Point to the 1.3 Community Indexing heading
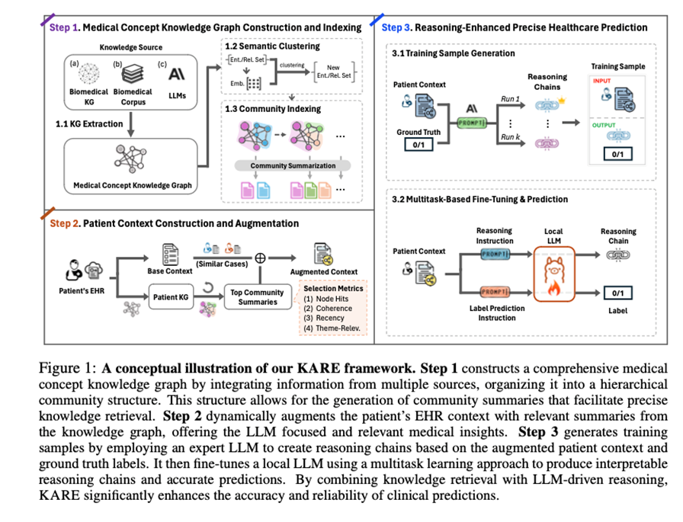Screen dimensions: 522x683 tap(273, 109)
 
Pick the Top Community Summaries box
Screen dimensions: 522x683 tap(257, 297)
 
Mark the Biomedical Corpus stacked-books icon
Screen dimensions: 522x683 tap(133, 75)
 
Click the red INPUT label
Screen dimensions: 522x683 tap(601, 82)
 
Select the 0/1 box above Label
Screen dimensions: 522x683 tap(617, 292)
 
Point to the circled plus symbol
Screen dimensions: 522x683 tap(260, 258)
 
